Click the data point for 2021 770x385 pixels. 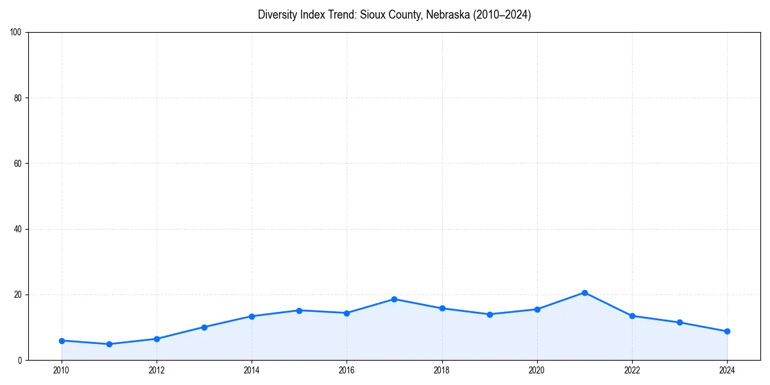[585, 293]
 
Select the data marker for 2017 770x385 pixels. [394, 299]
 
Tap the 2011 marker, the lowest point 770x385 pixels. [109, 344]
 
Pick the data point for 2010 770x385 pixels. [62, 341]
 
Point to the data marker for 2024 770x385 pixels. [727, 331]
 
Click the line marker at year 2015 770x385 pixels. [299, 311]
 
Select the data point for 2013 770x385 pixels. [204, 327]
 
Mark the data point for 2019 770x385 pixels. [490, 314]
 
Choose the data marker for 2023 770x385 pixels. [680, 322]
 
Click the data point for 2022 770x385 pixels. [632, 316]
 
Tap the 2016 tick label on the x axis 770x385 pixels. [346, 370]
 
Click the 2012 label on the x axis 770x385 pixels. [157, 370]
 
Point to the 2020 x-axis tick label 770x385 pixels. [537, 370]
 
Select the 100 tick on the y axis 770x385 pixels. [16, 33]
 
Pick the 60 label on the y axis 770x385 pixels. [18, 164]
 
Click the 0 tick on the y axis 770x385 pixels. [21, 360]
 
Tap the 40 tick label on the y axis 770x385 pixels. [18, 229]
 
